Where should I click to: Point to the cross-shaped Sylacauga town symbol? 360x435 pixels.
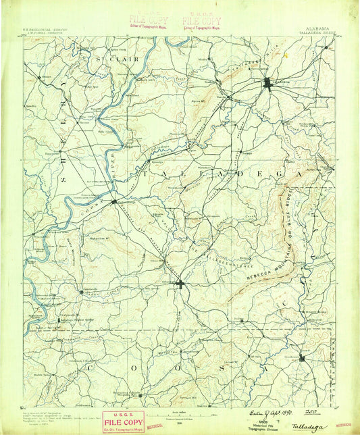pyautogui.click(x=179, y=284)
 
